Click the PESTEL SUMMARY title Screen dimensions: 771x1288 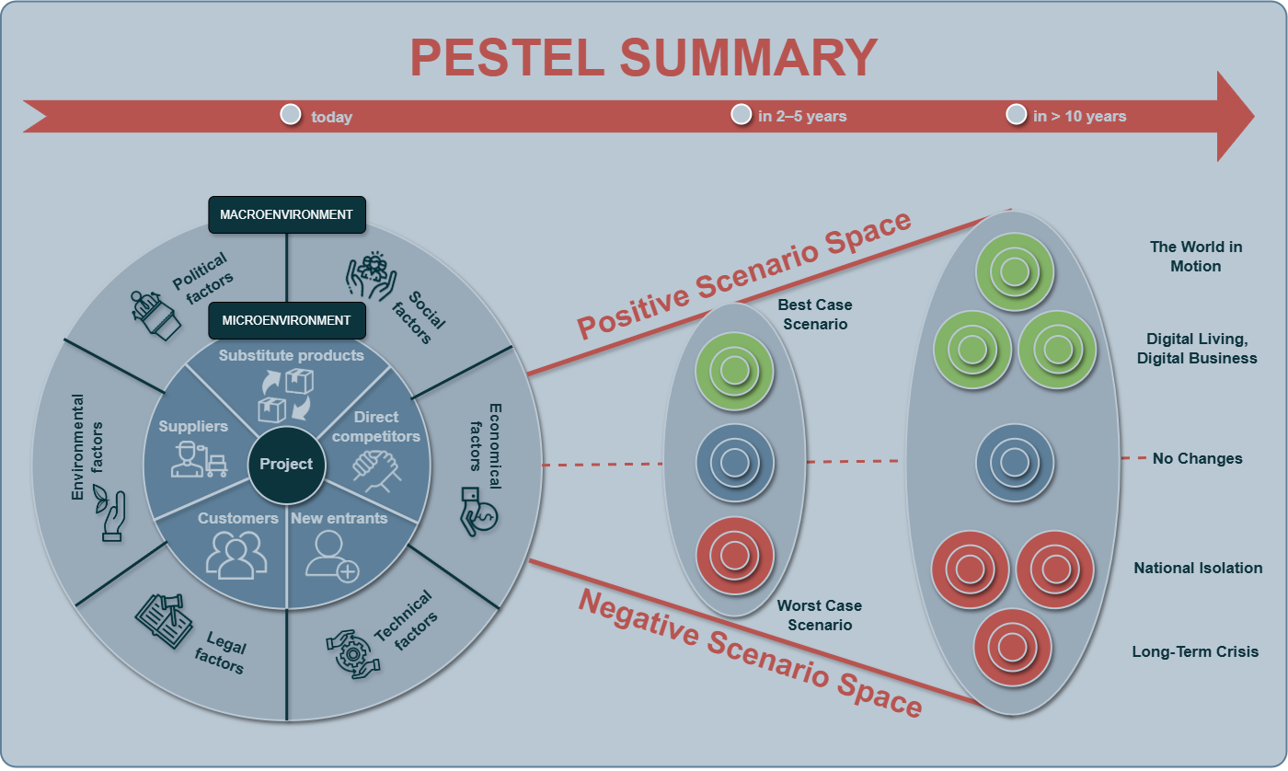(643, 57)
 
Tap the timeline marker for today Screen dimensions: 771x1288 (291, 115)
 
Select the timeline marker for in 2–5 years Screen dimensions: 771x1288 (741, 114)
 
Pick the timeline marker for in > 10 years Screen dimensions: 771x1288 (1016, 114)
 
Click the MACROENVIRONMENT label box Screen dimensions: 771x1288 (286, 214)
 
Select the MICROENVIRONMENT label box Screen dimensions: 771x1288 (286, 320)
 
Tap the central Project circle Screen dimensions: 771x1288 (286, 464)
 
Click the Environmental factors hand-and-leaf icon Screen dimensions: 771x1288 (111, 515)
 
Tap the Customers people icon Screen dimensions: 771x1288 (236, 553)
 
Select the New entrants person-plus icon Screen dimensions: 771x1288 (331, 556)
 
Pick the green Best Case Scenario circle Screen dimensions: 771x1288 (733, 371)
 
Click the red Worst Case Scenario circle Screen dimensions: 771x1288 (733, 555)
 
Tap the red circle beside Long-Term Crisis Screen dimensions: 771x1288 (1011, 647)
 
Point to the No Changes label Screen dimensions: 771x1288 (1197, 458)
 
